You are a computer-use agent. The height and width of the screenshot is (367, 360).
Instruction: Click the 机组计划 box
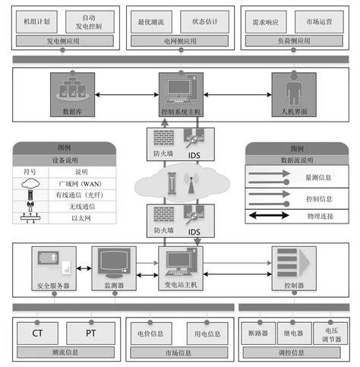click(37, 22)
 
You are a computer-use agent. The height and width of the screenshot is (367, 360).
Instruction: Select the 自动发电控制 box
click(90, 22)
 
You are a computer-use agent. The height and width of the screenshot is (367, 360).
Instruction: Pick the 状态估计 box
click(204, 22)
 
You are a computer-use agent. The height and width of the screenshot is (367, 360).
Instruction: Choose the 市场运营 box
click(318, 22)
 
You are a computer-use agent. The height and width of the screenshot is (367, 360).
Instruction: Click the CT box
click(36, 332)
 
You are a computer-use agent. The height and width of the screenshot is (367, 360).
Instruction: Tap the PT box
click(89, 332)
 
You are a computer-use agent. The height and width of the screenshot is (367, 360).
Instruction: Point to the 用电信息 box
click(204, 332)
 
